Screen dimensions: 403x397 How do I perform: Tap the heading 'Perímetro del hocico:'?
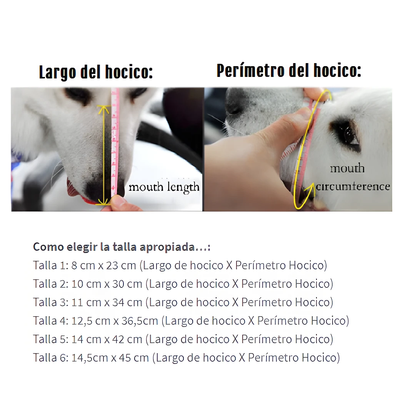coord(289,70)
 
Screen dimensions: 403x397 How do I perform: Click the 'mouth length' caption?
coord(164,187)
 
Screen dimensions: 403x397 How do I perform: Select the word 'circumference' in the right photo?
coord(353,186)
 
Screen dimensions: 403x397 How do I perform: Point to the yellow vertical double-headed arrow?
coord(103,155)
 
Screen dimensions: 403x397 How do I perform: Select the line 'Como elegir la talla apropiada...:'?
coord(122,247)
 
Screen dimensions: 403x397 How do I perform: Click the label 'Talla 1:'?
coord(51,265)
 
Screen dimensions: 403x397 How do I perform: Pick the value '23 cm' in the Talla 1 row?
coord(121,265)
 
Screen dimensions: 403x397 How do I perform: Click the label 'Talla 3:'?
coord(51,302)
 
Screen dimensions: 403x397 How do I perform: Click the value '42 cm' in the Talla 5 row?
coord(127,339)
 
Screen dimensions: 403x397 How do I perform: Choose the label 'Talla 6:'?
coord(51,358)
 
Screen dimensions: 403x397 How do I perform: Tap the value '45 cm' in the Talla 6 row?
coord(134,358)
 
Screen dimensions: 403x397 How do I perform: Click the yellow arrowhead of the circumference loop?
coord(310,188)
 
